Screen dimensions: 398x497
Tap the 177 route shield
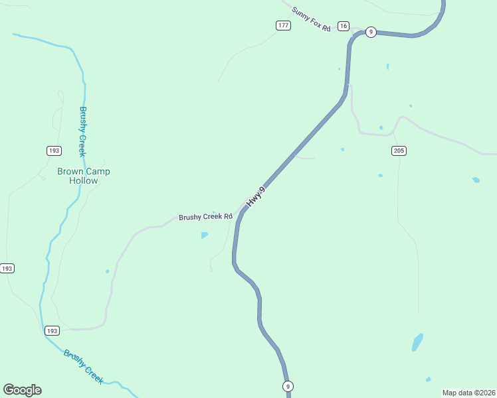tap(284, 25)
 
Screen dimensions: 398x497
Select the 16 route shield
tap(343, 26)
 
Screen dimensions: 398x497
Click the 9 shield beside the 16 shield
tap(371, 32)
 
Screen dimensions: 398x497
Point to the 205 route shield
tap(399, 151)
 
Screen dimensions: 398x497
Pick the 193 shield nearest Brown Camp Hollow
tap(54, 151)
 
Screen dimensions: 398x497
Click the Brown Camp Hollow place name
tap(84, 176)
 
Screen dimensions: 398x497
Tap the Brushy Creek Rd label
tap(205, 217)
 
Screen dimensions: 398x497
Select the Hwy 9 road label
tap(256, 198)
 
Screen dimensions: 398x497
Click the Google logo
tap(22, 390)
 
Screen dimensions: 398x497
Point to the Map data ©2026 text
tap(468, 393)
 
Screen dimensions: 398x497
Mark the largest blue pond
tap(417, 342)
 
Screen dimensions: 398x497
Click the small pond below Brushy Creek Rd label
tap(205, 235)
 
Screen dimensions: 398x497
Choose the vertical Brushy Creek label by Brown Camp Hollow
tap(83, 131)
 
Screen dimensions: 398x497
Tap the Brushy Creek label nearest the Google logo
tap(84, 366)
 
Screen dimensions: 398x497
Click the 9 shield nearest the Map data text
tap(288, 386)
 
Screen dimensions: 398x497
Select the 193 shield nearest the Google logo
tap(52, 330)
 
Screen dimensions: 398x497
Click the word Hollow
tap(84, 180)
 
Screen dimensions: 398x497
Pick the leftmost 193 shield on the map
tap(7, 268)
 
